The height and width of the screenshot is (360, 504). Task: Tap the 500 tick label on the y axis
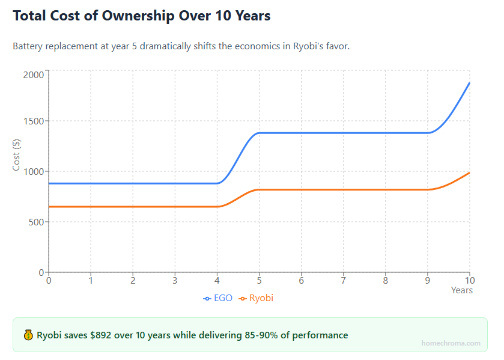tap(35, 222)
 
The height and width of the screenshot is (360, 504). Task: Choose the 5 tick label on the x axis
tap(259, 280)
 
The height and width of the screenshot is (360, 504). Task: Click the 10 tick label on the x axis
tap(469, 280)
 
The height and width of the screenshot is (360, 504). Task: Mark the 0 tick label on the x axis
tap(49, 280)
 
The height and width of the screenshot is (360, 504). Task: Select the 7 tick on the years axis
tap(343, 280)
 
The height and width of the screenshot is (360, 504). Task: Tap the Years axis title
tap(461, 290)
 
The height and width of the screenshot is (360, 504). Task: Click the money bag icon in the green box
tap(28, 335)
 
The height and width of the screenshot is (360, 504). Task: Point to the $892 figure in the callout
tap(102, 335)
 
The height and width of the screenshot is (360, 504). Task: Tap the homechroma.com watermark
tap(451, 343)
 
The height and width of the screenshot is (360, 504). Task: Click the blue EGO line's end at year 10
tap(469, 83)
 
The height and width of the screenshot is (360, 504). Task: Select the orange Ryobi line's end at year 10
tap(469, 173)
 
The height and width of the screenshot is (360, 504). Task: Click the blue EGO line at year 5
tap(259, 133)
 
